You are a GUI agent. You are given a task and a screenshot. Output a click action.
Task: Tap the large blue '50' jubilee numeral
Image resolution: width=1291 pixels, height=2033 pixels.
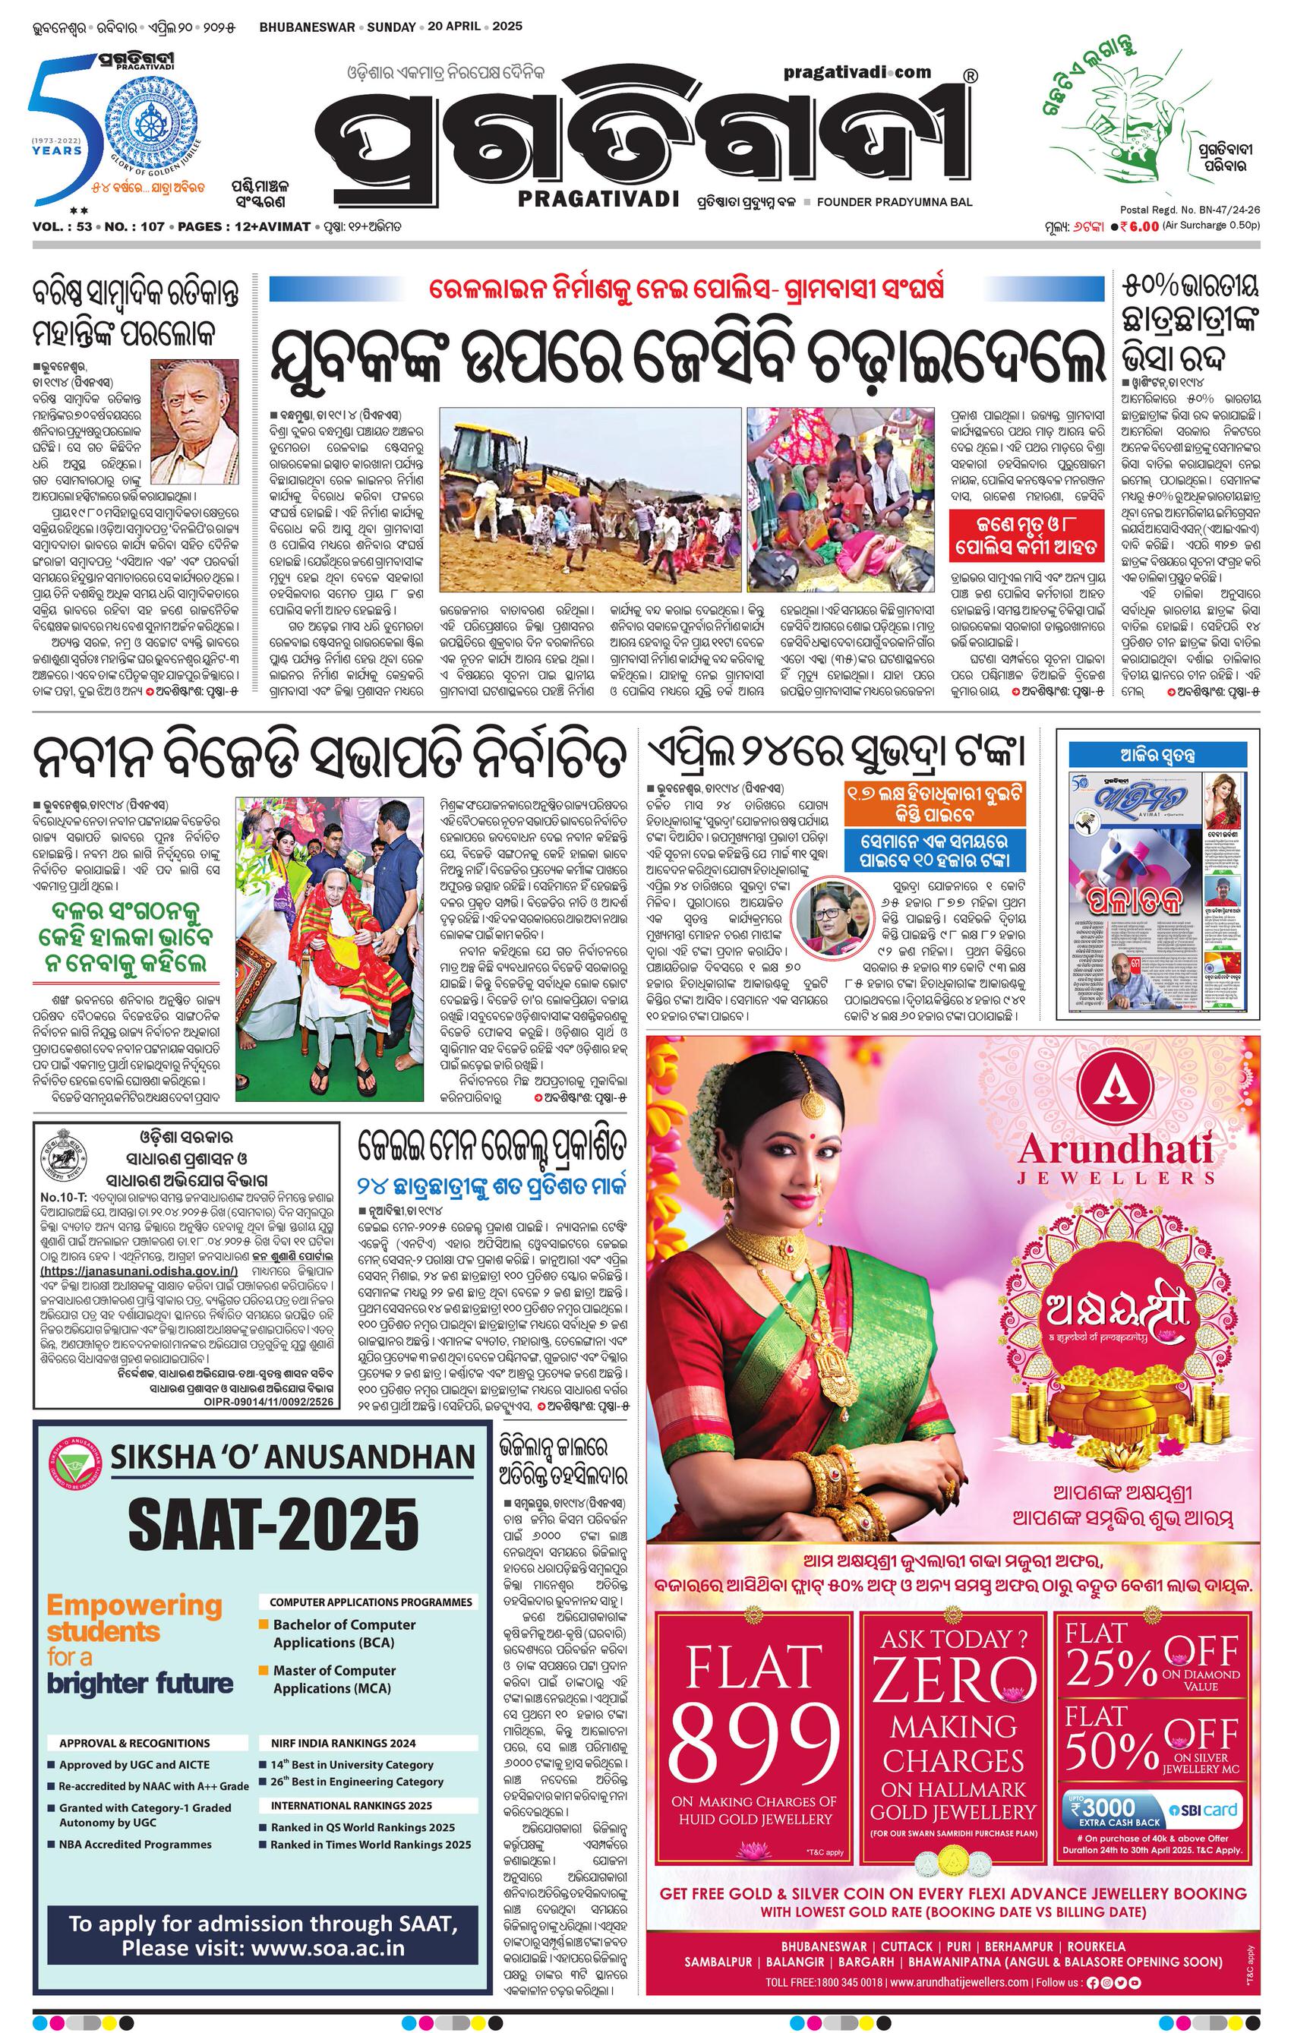[59, 127]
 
